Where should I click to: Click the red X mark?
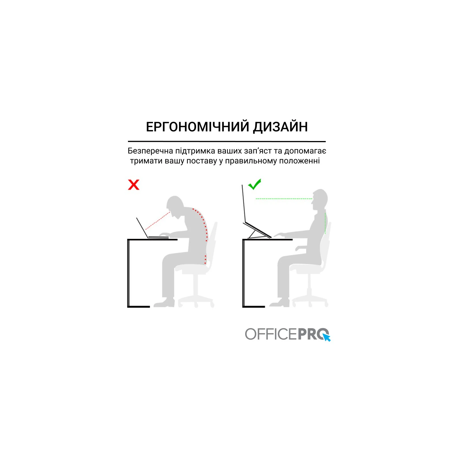[134, 185]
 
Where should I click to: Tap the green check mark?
[255, 184]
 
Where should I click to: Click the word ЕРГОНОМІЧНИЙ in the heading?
[197, 127]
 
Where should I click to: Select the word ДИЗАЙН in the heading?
[280, 127]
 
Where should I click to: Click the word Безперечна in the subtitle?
[150, 151]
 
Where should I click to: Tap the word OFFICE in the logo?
[271, 334]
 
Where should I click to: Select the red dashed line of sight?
[158, 221]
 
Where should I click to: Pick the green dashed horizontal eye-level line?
[284, 199]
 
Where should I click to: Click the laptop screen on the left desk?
[142, 228]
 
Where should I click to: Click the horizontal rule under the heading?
[227, 141]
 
